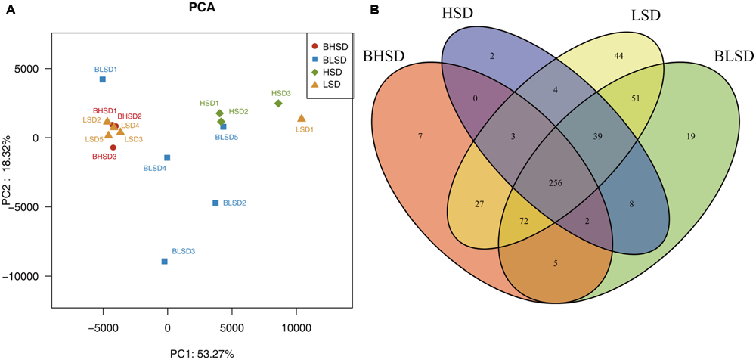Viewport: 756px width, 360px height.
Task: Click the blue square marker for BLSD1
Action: (103, 79)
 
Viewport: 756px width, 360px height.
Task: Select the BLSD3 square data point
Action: (164, 262)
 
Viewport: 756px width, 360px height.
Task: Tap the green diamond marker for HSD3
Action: (278, 104)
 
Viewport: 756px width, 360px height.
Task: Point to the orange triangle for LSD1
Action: (302, 119)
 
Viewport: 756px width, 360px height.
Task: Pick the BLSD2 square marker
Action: (215, 203)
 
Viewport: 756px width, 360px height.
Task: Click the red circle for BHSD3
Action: (113, 147)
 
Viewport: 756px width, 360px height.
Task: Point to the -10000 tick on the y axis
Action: (29, 276)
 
